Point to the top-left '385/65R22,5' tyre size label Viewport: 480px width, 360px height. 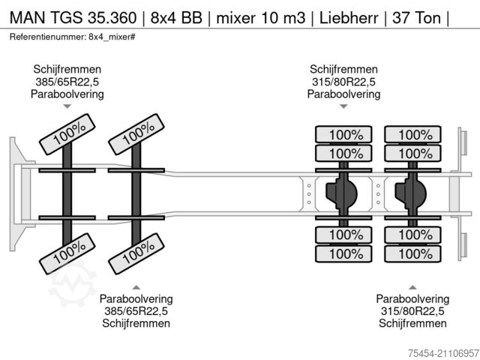point(67,81)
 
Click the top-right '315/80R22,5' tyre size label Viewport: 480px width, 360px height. point(343,81)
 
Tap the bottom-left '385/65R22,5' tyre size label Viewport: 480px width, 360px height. point(136,310)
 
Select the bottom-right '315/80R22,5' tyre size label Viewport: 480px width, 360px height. point(412,310)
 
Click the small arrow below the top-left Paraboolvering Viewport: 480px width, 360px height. point(67,107)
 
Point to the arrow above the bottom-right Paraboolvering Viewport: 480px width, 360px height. point(412,286)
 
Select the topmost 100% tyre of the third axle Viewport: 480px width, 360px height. point(343,135)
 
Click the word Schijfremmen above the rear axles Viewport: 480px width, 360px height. point(343,68)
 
